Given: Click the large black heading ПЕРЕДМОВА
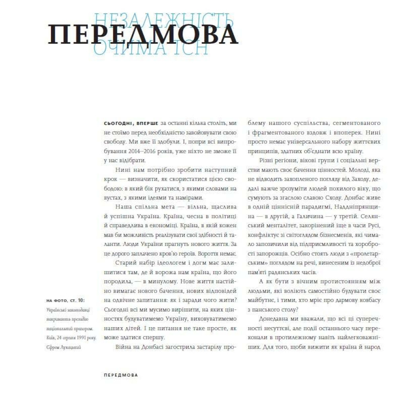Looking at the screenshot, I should [143, 35].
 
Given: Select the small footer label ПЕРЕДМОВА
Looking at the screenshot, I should [120, 375].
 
